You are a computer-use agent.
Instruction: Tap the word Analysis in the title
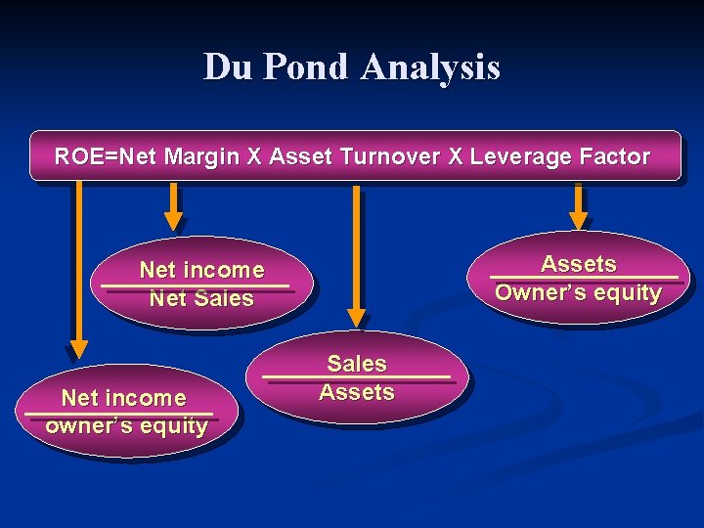point(430,67)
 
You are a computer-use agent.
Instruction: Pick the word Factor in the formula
point(614,156)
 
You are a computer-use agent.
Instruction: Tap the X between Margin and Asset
point(254,156)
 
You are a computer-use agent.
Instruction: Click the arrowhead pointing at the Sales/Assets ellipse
point(357,317)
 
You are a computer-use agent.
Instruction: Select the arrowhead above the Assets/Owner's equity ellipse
point(579,220)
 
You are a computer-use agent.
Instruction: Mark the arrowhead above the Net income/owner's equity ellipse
point(78,347)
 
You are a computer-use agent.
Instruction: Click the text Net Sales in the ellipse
point(201,299)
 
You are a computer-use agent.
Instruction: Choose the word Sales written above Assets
point(357,364)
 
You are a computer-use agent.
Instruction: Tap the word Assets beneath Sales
point(357,393)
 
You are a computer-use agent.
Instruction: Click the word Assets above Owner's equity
point(579,264)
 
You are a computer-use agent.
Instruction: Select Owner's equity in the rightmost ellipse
point(579,292)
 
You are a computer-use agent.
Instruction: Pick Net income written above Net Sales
point(201,270)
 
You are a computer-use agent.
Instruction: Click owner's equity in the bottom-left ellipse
point(126,426)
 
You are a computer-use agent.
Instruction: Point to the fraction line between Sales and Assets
point(357,378)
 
